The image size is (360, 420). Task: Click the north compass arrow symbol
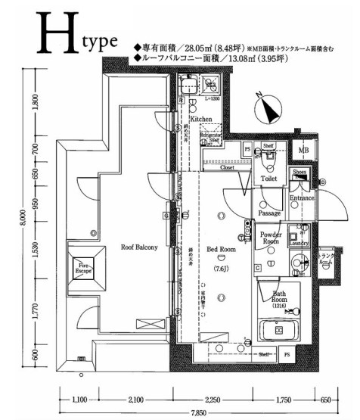click(x=268, y=110)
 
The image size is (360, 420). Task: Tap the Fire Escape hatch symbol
click(x=82, y=266)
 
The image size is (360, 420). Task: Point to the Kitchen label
click(x=200, y=120)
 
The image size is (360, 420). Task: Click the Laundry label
click(x=297, y=244)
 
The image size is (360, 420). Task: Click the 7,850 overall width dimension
click(x=198, y=414)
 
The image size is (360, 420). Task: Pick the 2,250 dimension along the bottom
click(x=213, y=399)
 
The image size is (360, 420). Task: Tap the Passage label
click(x=269, y=213)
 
